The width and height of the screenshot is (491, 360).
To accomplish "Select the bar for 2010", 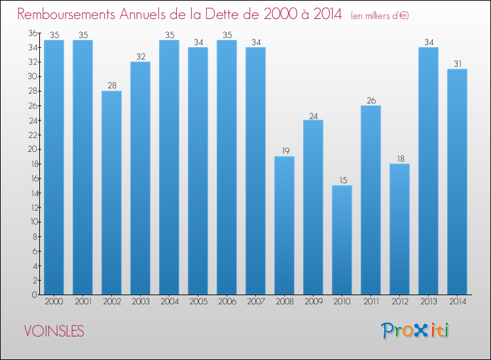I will click(342, 240).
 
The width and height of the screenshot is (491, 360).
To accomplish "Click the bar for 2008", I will click(284, 225).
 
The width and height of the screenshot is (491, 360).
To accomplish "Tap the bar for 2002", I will click(111, 192).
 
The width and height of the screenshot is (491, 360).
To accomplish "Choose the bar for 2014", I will click(457, 182).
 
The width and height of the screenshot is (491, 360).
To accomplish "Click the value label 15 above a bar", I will click(342, 181).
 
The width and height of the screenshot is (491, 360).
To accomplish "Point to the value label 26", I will click(371, 101).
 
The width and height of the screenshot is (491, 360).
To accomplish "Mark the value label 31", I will click(457, 64).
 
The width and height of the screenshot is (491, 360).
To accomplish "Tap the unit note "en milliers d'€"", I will click(380, 15).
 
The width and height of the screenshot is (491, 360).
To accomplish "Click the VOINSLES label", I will click(54, 332).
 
